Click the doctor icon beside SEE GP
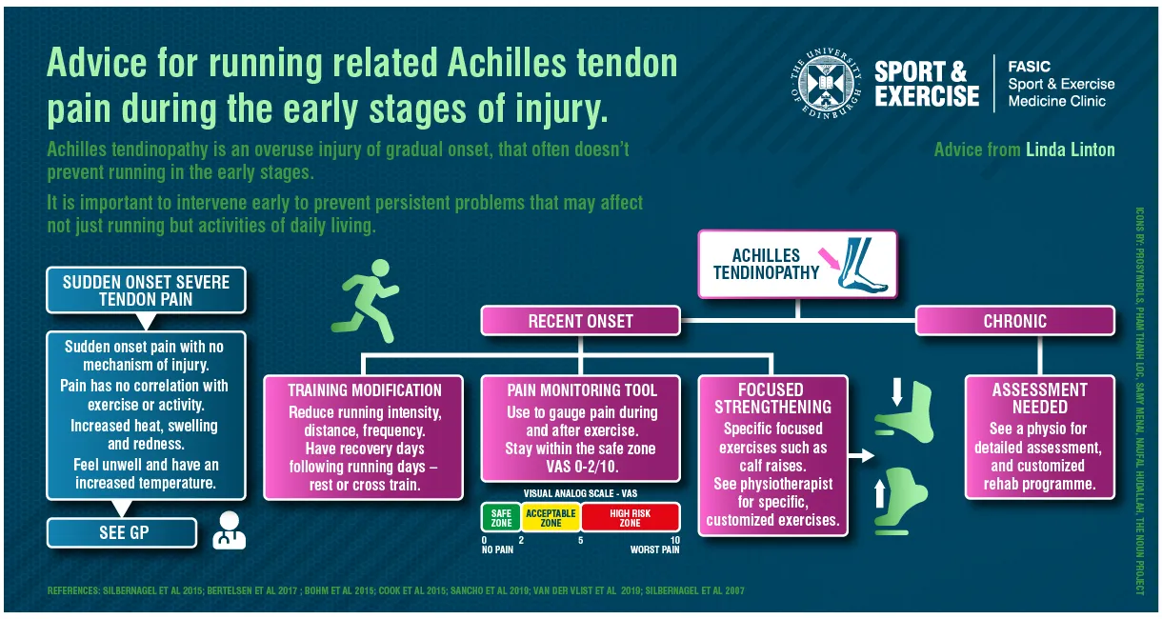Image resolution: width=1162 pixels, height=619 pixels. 229,531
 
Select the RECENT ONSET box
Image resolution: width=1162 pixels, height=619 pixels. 580,321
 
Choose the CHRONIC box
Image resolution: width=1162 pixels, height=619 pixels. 1014,321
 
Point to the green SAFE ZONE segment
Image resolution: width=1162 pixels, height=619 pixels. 501,517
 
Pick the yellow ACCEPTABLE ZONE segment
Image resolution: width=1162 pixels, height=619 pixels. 551,517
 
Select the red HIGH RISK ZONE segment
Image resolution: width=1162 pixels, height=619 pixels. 630,517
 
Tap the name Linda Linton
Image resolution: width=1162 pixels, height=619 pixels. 1070,150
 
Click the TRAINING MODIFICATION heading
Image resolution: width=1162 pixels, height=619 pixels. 365,390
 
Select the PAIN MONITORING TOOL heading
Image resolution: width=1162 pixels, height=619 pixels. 582,390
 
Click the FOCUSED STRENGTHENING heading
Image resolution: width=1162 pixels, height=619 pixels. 771,398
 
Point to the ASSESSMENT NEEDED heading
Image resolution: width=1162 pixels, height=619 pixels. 1039,398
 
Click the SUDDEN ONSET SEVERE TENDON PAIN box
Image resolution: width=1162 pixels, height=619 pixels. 132,290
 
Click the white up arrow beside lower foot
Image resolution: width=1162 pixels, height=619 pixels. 879,492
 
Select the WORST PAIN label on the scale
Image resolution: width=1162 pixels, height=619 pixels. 654,549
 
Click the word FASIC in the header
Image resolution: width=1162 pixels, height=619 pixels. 1030,67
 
